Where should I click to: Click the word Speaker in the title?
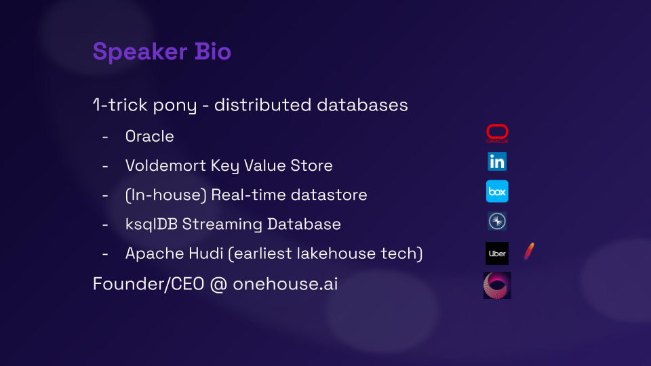[x=140, y=52]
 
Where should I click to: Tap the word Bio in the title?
[x=212, y=52]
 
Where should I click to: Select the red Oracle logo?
[x=497, y=134]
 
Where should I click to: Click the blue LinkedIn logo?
[x=497, y=161]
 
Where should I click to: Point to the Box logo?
[x=497, y=191]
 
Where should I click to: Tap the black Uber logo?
[x=497, y=253]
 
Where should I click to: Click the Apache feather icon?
[x=529, y=251]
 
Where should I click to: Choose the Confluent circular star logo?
[x=497, y=221]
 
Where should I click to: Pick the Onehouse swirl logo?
[x=497, y=285]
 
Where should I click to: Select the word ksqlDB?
[x=151, y=224]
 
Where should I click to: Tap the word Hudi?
[x=206, y=253]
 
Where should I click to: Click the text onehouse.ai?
[x=285, y=284]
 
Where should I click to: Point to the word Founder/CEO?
[x=149, y=284]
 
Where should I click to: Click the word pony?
[x=175, y=106]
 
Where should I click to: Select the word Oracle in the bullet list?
[x=149, y=136]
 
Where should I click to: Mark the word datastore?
[x=328, y=195]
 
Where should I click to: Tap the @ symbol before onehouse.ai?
[x=218, y=285]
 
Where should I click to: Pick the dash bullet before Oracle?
[x=105, y=136]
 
